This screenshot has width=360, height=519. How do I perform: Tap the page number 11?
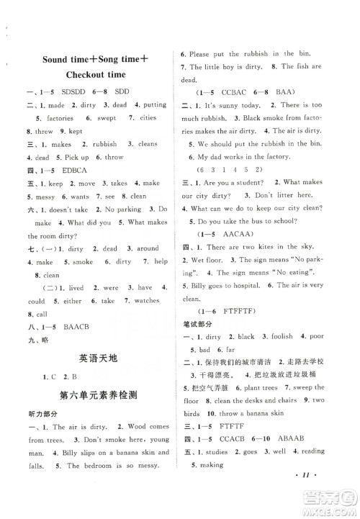[341, 496]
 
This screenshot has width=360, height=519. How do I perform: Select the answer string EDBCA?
[68, 171]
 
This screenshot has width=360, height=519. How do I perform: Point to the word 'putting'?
[148, 105]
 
